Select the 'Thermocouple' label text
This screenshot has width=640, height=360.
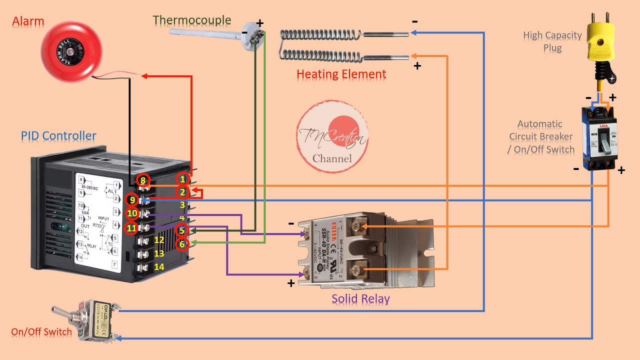click(192, 20)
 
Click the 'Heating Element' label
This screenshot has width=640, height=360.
click(341, 74)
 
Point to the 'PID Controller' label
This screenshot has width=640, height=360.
click(58, 135)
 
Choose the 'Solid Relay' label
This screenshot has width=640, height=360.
click(360, 299)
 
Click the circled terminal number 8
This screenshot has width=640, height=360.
click(143, 180)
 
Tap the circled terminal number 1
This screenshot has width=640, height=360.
click(182, 179)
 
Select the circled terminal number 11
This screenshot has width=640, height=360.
click(131, 228)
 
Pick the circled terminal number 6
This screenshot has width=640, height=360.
click(182, 244)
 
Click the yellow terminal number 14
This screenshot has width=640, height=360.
click(159, 267)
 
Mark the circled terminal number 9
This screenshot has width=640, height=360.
click(131, 200)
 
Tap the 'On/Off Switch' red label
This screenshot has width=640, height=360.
click(41, 332)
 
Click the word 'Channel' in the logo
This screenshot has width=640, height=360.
click(332, 158)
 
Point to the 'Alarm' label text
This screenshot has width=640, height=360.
click(28, 21)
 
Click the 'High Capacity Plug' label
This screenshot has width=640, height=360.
click(552, 41)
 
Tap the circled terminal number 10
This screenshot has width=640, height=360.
click(132, 214)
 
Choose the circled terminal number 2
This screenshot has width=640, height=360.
click(182, 192)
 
